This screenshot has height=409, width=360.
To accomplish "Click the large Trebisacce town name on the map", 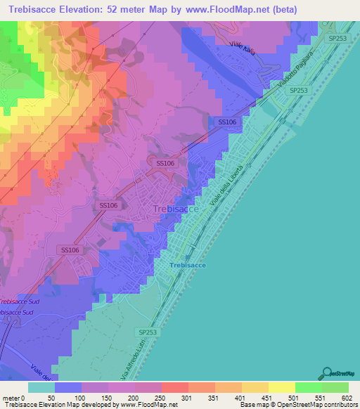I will click(x=176, y=209).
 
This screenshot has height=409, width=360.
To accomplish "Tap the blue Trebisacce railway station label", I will click(x=186, y=264).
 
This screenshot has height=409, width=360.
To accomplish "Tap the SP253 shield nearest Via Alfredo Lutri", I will click(x=148, y=332).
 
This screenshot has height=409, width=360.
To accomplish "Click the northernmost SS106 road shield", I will click(x=226, y=122).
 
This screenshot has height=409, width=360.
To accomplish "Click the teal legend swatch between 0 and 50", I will click(x=41, y=387).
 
